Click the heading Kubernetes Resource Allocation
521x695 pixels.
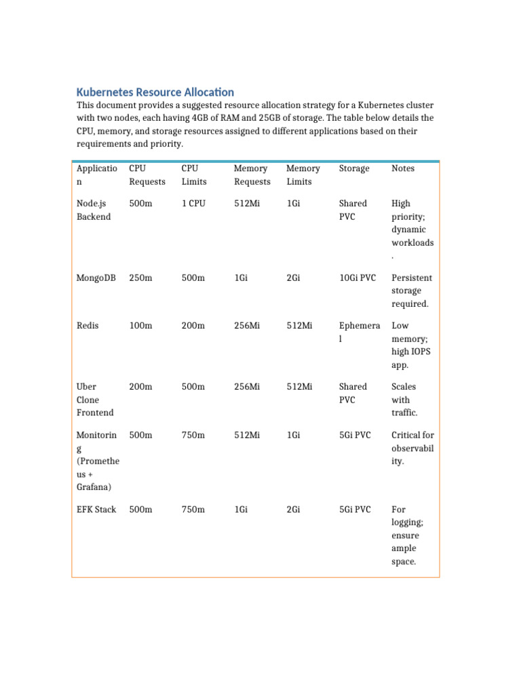[x=155, y=92]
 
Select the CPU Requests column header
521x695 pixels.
[x=147, y=175]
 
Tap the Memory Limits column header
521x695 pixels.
[x=303, y=175]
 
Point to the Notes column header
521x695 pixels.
[x=403, y=168]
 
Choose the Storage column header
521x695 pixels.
[x=354, y=168]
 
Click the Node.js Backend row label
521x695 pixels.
[x=94, y=210]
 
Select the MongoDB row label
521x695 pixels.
[x=96, y=278]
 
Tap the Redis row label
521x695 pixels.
[x=88, y=326]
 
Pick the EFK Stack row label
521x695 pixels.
[x=96, y=509]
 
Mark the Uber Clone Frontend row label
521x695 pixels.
[x=95, y=400]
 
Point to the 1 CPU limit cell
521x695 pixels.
[x=193, y=203]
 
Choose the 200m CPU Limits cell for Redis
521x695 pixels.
[x=193, y=326]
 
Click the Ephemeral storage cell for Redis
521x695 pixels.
[x=360, y=332]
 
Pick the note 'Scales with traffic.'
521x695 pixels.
[x=404, y=400]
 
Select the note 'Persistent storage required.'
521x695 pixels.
[x=410, y=290]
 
